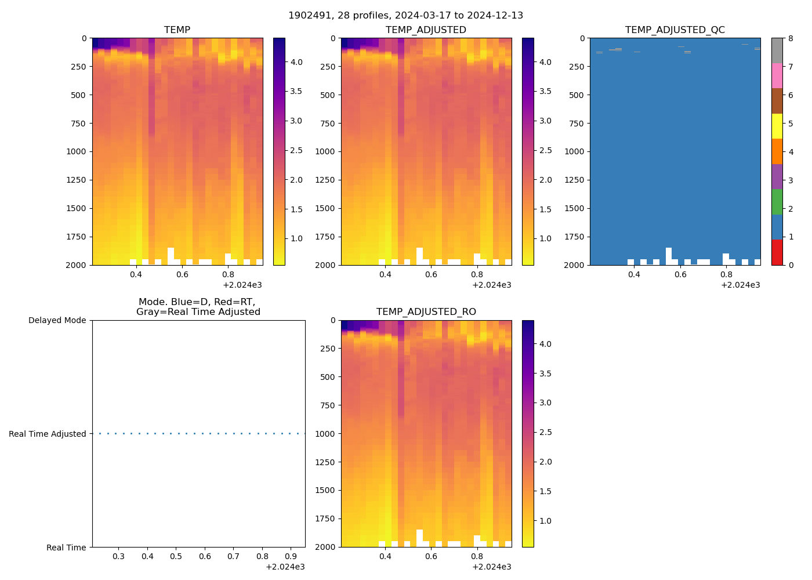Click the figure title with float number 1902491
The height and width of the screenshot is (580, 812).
tap(405, 16)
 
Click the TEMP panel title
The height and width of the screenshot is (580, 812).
tap(177, 30)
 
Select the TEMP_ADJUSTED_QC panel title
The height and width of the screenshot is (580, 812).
tap(675, 30)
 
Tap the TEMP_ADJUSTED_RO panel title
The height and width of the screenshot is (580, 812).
tap(426, 312)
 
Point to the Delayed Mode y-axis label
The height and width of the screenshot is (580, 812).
tap(57, 321)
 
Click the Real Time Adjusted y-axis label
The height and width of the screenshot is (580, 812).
tap(47, 434)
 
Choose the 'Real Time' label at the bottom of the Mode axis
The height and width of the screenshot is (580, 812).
tap(66, 548)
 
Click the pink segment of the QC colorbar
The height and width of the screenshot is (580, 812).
tap(777, 75)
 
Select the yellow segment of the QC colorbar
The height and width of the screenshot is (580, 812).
tap(777, 126)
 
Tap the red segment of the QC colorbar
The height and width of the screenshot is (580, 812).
tap(777, 252)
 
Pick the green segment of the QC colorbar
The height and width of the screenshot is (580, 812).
tap(777, 202)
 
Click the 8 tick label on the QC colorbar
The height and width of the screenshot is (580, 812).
tap(791, 39)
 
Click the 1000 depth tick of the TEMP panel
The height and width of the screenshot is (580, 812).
tap(77, 152)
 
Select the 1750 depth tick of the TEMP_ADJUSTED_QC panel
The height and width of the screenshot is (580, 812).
tap(575, 237)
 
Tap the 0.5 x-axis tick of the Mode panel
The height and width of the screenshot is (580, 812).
tap(176, 557)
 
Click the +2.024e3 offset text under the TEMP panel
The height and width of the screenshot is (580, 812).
tap(242, 285)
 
